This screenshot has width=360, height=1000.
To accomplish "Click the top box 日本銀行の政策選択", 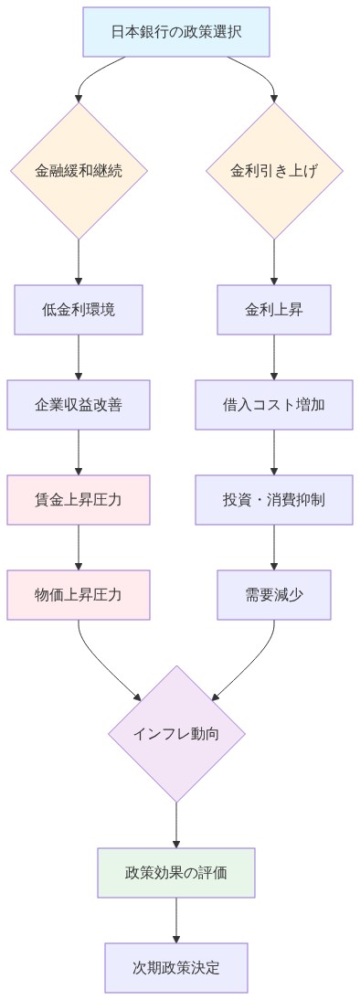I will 176,31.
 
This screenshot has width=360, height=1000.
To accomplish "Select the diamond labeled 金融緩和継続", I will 79,171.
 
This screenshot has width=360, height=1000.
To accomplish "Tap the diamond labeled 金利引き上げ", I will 274,171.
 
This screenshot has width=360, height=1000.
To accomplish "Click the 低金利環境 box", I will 79,310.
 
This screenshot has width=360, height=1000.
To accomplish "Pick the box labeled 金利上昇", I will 274,310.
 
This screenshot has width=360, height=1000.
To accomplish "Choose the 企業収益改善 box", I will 79,405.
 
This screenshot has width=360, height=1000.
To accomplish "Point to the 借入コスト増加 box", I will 274,405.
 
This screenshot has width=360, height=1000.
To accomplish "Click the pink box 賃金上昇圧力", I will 79,500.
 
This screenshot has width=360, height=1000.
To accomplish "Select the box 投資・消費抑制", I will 274,500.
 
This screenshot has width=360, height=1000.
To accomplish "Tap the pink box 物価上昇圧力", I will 79,595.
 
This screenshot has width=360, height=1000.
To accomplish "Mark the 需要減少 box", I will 274,595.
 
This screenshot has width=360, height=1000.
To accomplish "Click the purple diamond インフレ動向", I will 176,734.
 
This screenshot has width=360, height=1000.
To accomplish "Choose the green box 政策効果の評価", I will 176,872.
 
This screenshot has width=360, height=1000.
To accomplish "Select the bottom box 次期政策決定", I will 176,967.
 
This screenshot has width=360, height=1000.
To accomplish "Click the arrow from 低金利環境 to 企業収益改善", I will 79,357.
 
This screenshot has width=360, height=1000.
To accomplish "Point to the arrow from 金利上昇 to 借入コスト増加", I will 274,357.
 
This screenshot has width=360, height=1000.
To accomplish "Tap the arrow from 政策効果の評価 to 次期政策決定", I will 176,920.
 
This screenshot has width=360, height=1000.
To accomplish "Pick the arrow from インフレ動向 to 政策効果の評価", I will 176,824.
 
